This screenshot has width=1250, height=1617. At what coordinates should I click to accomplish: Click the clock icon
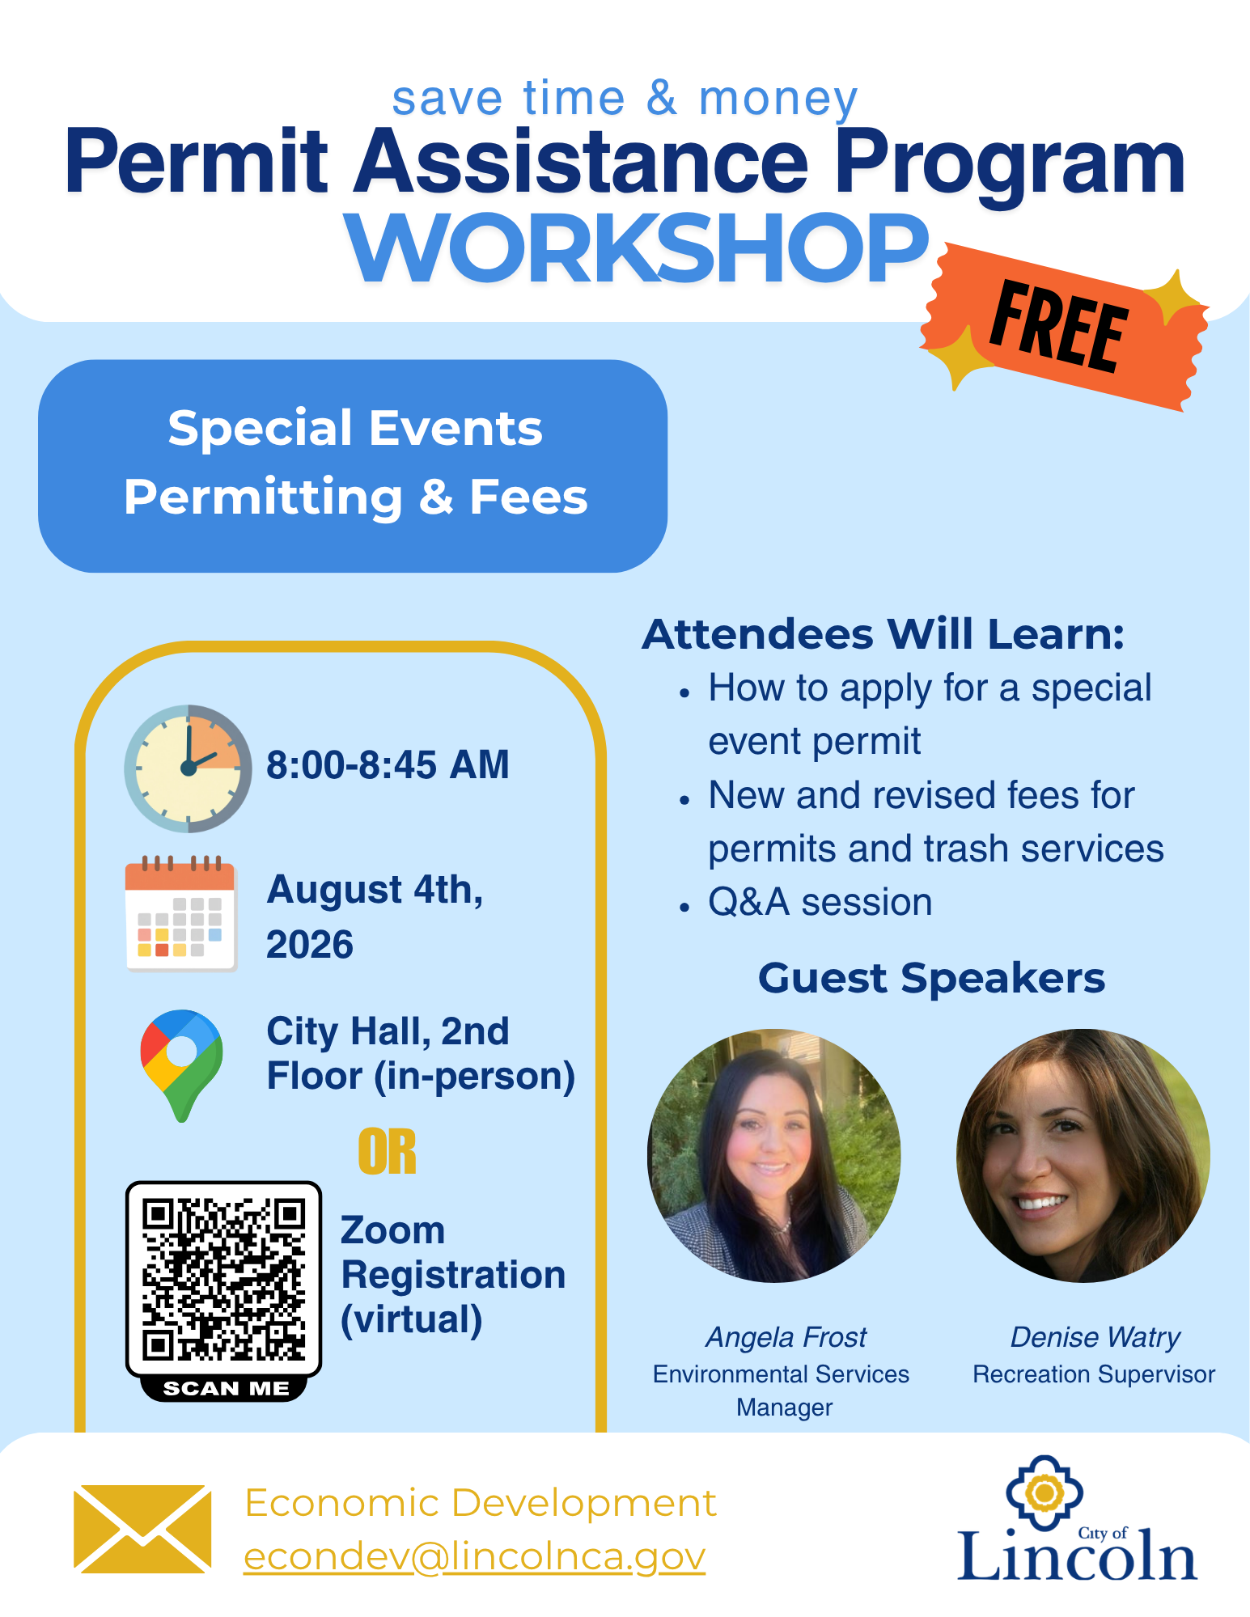pyautogui.click(x=188, y=768)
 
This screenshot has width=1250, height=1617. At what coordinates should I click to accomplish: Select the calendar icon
pyautogui.click(x=181, y=913)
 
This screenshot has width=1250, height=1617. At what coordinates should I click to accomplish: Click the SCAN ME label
pyautogui.click(x=226, y=1389)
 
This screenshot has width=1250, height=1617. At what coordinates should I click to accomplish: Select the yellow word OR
pyautogui.click(x=388, y=1152)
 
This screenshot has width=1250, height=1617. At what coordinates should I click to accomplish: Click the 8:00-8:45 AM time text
pyautogui.click(x=388, y=764)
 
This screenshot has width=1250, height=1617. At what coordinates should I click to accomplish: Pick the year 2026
pyautogui.click(x=310, y=945)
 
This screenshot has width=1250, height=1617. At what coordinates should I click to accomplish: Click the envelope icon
pyautogui.click(x=142, y=1529)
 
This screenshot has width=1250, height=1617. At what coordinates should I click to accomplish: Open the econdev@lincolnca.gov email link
pyautogui.click(x=475, y=1557)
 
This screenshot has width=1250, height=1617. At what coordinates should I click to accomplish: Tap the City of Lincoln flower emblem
pyautogui.click(x=1044, y=1492)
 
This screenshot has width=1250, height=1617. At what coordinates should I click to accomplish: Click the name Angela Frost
pyautogui.click(x=786, y=1337)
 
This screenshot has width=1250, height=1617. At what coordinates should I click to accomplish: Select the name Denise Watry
pyautogui.click(x=1095, y=1337)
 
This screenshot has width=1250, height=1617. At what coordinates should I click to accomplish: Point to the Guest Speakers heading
pyautogui.click(x=931, y=978)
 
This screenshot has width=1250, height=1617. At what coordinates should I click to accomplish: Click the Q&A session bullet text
pyautogui.click(x=820, y=902)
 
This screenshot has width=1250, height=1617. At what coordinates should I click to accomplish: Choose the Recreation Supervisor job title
pyautogui.click(x=1094, y=1374)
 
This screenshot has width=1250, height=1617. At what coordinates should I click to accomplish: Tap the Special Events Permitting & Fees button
pyautogui.click(x=353, y=466)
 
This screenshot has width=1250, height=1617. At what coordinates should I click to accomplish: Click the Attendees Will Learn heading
pyautogui.click(x=883, y=634)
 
